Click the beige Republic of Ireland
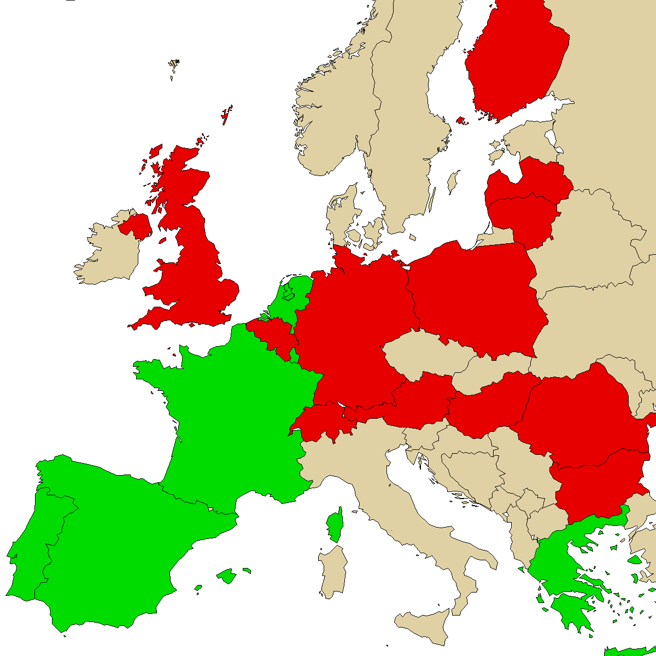[x=109, y=251]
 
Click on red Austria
[x=421, y=399]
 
